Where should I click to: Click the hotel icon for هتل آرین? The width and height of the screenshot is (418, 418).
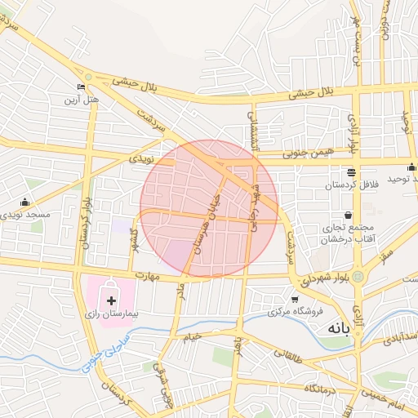pyautogui.click(x=81, y=87)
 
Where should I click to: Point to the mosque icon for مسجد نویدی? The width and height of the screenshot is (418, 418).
pyautogui.click(x=24, y=202)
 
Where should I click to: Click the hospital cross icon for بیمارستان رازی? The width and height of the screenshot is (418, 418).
pyautogui.click(x=112, y=301)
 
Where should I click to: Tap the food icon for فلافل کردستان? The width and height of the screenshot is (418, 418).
pyautogui.click(x=351, y=172)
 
